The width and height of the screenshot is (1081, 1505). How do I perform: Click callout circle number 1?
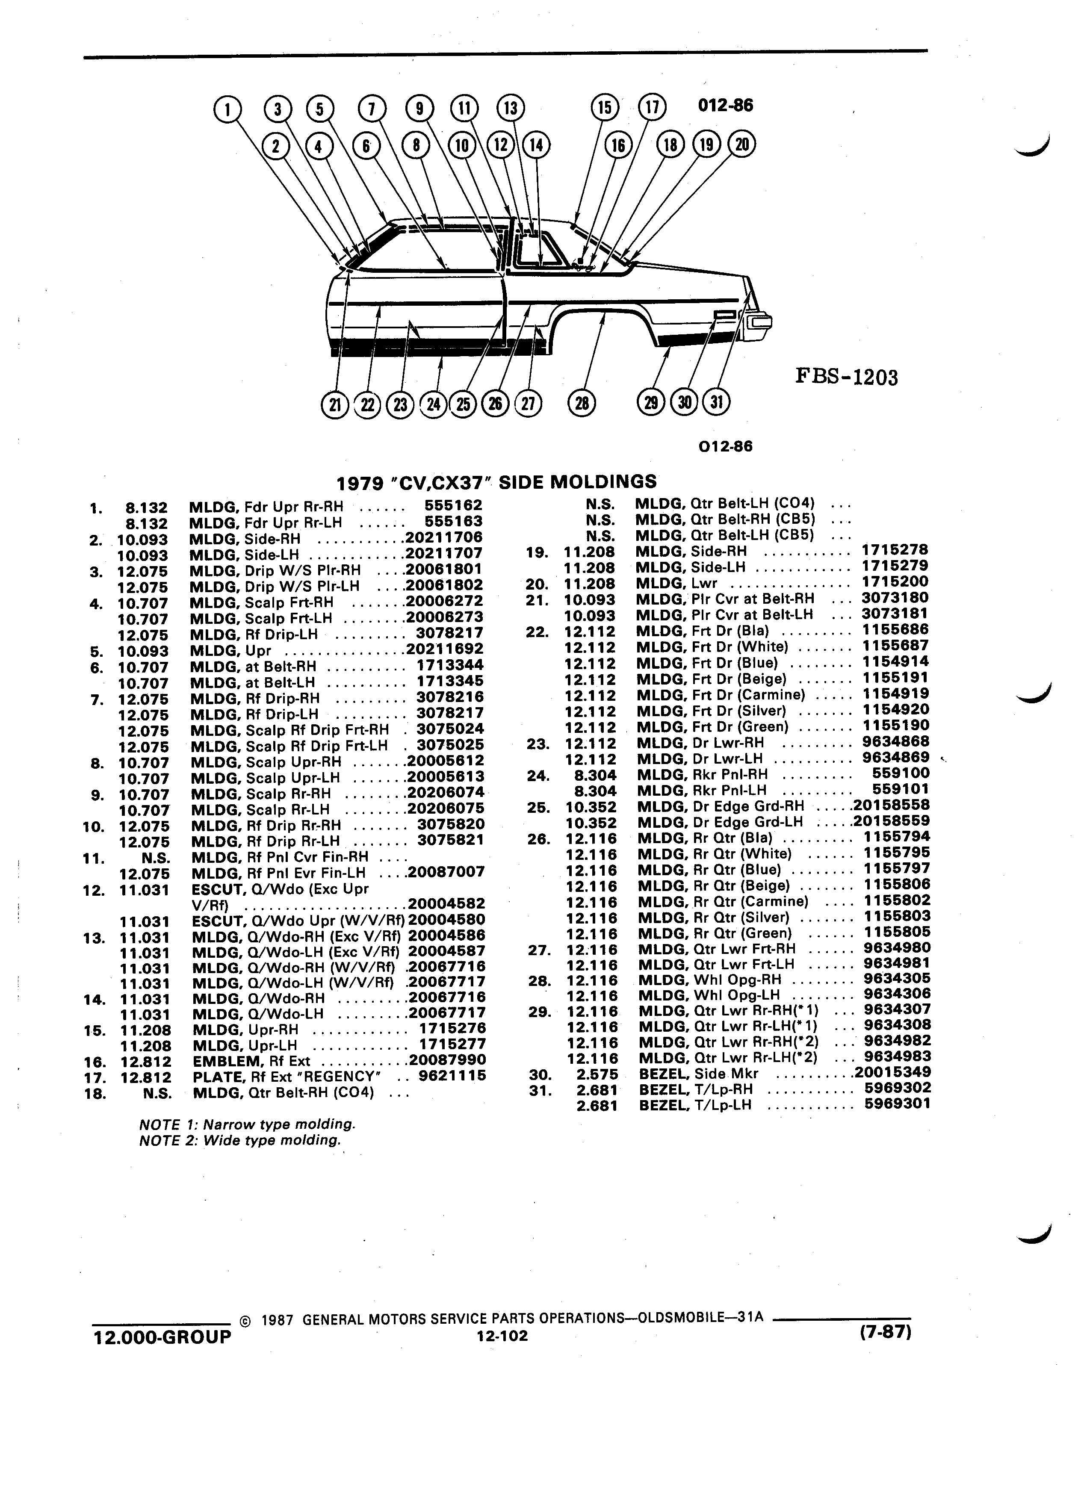pos(227,109)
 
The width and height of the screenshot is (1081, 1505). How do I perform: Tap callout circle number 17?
pos(652,107)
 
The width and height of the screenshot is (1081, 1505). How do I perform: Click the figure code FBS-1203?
pos(846,378)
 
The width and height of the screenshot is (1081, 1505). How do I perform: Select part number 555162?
pos(453,505)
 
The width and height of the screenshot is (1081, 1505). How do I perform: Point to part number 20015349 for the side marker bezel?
pos(892,1072)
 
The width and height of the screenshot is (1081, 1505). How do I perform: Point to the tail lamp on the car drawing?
pos(760,323)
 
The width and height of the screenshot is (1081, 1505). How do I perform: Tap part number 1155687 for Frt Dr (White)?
pos(896,646)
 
